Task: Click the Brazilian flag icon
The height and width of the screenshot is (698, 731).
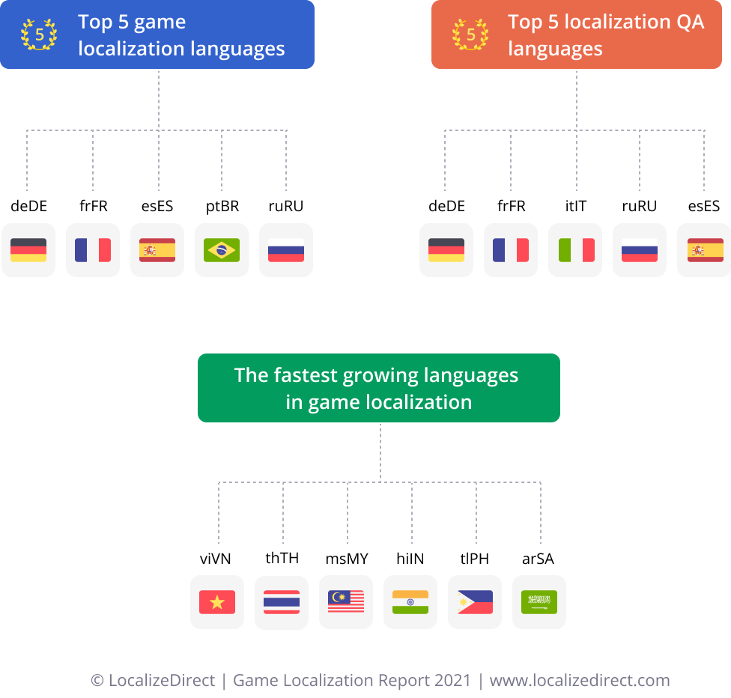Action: coord(222,250)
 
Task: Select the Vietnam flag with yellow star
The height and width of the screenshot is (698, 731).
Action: coord(217,602)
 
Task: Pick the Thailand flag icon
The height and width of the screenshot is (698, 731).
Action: coord(282,602)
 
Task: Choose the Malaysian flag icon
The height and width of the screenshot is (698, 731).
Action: coord(346,602)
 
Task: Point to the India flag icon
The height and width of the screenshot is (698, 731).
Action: coord(410,602)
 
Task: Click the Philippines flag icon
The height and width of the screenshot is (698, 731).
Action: coord(475,602)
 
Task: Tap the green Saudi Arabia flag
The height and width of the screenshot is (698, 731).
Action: coord(539,602)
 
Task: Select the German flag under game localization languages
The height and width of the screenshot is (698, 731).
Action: coord(28,250)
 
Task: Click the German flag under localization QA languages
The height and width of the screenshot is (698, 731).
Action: coord(446,250)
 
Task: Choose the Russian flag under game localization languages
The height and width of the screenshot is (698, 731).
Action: coord(286,250)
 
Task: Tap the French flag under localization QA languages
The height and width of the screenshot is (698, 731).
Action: coord(511,250)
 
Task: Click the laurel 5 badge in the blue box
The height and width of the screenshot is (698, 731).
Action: coord(39,34)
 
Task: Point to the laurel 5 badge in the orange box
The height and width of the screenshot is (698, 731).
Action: coord(470,34)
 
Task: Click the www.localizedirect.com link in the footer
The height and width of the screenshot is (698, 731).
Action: coord(579,681)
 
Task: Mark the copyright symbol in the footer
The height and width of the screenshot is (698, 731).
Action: coord(97,681)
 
